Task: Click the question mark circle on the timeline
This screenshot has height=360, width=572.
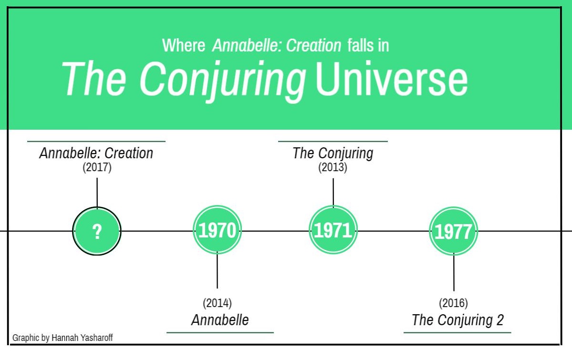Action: pos(97,231)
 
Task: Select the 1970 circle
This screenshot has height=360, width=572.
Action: pos(217,230)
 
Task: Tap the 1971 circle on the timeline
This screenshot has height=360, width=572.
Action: pos(333,230)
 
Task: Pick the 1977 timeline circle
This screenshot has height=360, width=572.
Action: pos(453,231)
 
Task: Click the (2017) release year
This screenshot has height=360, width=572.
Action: pos(97,167)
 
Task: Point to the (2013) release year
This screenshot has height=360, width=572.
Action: pos(333,167)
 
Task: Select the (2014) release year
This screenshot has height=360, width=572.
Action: pos(217,303)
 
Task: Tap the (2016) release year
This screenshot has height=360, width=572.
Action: pos(453,303)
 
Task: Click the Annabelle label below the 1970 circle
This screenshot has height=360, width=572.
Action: pos(220,320)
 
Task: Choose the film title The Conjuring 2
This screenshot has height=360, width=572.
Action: pos(458,320)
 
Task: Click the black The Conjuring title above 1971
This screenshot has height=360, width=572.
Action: pos(333,153)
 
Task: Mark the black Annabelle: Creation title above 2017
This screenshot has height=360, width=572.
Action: pos(96,153)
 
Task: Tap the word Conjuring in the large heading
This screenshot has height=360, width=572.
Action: pos(222,81)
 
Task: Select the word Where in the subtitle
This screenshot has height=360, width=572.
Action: pos(184,46)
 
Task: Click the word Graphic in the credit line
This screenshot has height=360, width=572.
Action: pos(26,338)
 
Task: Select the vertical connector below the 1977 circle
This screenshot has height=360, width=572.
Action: pos(454,272)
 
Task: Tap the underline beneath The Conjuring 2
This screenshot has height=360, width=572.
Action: pos(458,332)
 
